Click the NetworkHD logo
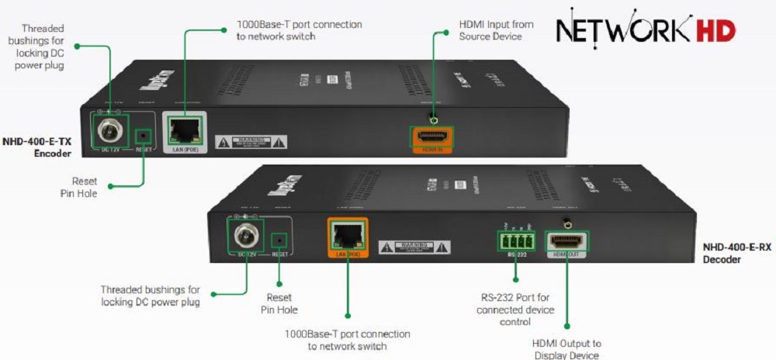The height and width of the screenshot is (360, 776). (x=645, y=30)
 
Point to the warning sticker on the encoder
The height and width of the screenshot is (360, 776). (x=251, y=141)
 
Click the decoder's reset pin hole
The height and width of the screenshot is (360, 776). (x=280, y=241)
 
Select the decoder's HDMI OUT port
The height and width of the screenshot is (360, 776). (x=566, y=240)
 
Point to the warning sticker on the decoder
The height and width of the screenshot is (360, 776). (x=414, y=247)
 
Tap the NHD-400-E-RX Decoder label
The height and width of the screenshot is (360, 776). (x=736, y=253)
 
